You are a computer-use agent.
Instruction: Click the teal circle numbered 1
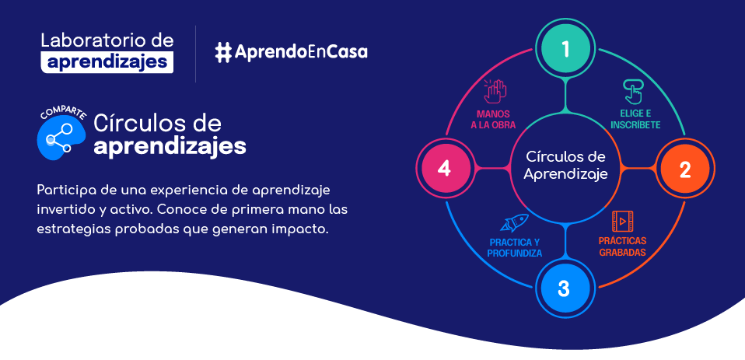[x=565, y=48]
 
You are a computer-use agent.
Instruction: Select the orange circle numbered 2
[x=684, y=169]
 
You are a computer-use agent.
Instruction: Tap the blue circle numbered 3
[x=564, y=288]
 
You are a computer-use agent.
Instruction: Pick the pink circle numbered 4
[x=444, y=169]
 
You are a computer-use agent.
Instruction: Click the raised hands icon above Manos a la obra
[x=495, y=91]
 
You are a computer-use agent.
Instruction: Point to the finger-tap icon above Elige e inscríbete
[x=634, y=92]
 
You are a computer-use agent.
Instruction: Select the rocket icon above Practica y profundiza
[x=514, y=222]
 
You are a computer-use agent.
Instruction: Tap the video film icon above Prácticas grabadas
[x=622, y=221]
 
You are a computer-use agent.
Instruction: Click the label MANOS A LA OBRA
[x=493, y=120]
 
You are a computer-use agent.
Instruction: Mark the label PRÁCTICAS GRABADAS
[x=622, y=246]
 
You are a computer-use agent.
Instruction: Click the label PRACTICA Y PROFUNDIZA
[x=515, y=247]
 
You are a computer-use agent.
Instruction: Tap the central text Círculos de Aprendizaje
[x=565, y=166]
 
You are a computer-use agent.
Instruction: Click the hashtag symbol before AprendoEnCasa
[x=223, y=52]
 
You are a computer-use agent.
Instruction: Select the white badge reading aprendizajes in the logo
[x=107, y=62]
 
